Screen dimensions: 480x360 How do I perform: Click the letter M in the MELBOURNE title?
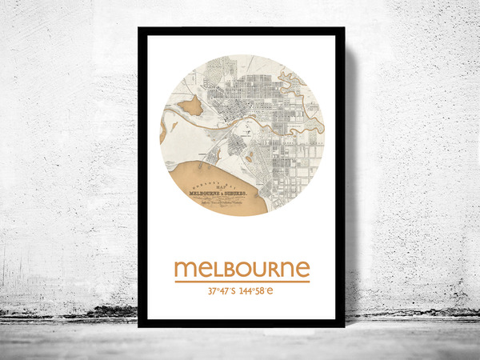[x=185, y=269]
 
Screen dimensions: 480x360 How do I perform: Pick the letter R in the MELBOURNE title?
[x=268, y=269]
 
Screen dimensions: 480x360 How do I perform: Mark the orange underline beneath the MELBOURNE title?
[x=242, y=282]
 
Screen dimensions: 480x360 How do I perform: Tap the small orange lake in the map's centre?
[x=248, y=157]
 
